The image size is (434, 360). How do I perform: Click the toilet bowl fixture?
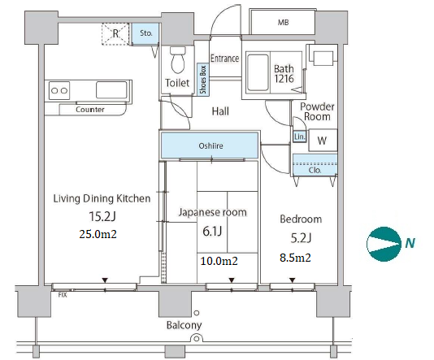coord(178,60)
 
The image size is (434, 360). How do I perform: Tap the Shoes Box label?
coord(203,80)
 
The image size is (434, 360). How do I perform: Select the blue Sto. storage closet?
coord(145,33)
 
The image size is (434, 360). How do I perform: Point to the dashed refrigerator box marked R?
coord(115,34)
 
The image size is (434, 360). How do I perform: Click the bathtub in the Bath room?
coord(258,72)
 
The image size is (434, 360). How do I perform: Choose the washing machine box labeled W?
coord(323,140)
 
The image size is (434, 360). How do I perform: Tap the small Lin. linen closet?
coord(299,137)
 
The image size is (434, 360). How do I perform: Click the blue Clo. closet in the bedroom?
coord(315,165)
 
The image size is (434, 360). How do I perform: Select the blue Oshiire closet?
coord(210,145)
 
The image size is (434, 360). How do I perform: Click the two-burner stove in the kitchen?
coord(59,90)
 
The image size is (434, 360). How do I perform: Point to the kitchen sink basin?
coord(111,90)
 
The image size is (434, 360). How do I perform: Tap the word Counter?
coord(90,110)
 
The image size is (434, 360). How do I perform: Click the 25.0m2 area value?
coord(98,234)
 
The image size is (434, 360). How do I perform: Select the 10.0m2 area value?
coord(219,261)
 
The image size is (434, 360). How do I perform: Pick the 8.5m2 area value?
coord(295,258)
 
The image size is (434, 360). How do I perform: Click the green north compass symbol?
coord(384,244)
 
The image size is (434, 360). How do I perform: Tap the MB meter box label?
coord(283,23)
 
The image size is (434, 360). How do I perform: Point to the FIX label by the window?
coord(63,295)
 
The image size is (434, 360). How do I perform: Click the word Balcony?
coord(184,325)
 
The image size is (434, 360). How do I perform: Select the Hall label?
coord(220,111)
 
